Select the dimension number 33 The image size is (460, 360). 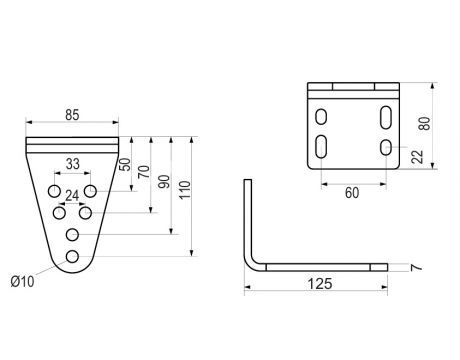click(x=72, y=164)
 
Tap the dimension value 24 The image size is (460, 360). click(x=72, y=196)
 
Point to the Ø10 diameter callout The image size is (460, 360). click(x=22, y=280)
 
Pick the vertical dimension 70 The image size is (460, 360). click(x=146, y=171)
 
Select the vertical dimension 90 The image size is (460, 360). click(x=166, y=183)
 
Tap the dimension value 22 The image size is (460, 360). click(x=413, y=157)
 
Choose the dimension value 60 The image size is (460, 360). click(x=352, y=192)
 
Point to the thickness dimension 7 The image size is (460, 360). click(x=409, y=268)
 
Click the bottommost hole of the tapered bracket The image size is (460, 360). click(x=72, y=257)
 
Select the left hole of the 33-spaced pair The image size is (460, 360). click(x=54, y=190)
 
